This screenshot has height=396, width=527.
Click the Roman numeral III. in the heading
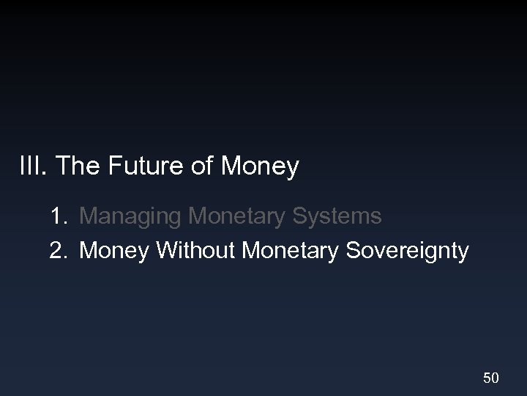click(33, 167)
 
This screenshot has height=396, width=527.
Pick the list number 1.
click(59, 216)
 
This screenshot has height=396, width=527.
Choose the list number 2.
click(59, 251)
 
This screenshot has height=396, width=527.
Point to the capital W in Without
click(167, 251)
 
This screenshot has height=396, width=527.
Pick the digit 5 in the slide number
click(486, 378)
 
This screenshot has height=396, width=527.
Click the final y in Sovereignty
click(463, 254)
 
